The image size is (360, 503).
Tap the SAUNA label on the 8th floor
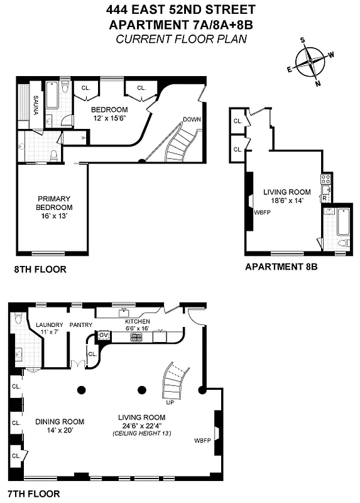[36, 108]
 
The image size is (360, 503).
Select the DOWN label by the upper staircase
[192, 119]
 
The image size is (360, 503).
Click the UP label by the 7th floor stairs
[170, 402]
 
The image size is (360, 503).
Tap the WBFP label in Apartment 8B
[262, 213]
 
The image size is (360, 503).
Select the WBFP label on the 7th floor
[203, 439]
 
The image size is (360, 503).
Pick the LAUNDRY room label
[50, 324]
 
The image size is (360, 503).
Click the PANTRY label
[81, 325]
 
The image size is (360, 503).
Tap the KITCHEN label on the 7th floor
[137, 321]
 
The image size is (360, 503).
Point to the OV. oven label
[104, 336]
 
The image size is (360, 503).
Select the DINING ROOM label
[60, 421]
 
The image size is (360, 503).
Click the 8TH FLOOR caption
[40, 270]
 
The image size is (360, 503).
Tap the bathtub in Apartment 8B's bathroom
[342, 223]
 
